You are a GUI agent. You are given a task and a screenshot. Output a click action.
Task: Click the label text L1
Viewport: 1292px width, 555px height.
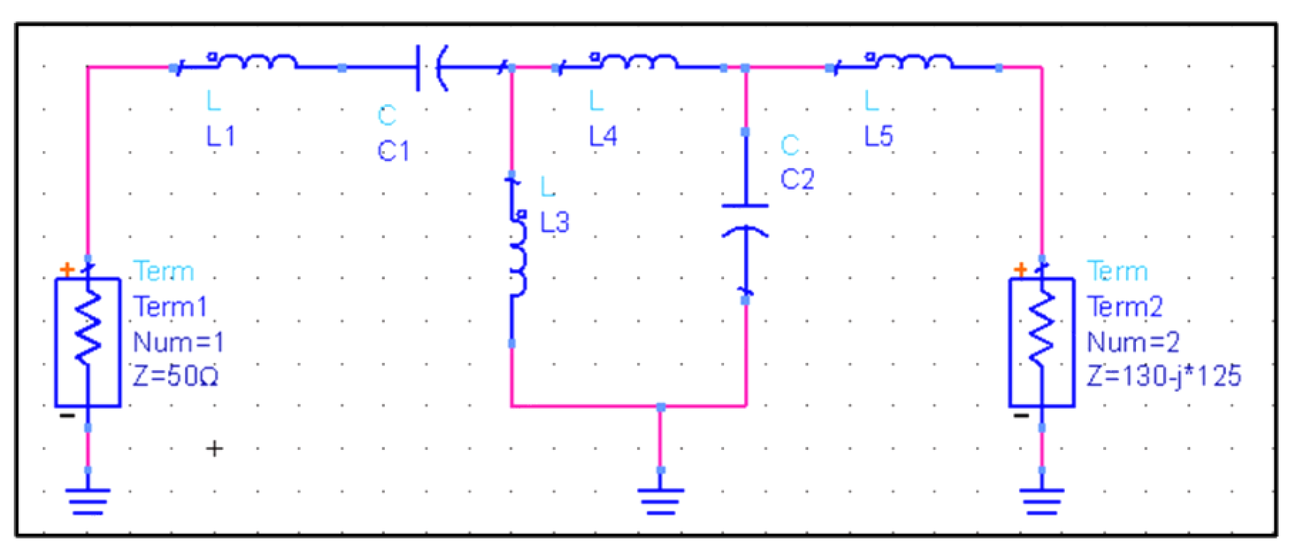[x=221, y=136]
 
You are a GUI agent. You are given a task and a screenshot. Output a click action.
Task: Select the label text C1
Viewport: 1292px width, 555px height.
[x=393, y=150]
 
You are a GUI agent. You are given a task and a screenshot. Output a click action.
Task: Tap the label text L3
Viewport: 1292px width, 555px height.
[x=555, y=222]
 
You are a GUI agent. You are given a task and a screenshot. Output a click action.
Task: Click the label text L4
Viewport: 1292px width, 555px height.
[x=603, y=136]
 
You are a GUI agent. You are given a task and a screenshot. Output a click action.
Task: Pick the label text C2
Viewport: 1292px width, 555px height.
[x=797, y=178]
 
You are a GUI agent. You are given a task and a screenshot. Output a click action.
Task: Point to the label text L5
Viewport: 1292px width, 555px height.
[x=878, y=136]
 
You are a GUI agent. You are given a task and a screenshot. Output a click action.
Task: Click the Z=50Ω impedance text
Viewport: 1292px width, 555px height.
[x=176, y=376]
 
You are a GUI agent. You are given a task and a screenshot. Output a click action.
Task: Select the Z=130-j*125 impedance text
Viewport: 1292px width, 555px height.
[x=1164, y=376]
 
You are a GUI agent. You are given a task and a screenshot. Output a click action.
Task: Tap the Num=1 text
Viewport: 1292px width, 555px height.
[x=178, y=342]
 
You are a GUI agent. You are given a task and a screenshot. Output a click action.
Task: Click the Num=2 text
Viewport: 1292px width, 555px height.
[x=1133, y=342]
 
